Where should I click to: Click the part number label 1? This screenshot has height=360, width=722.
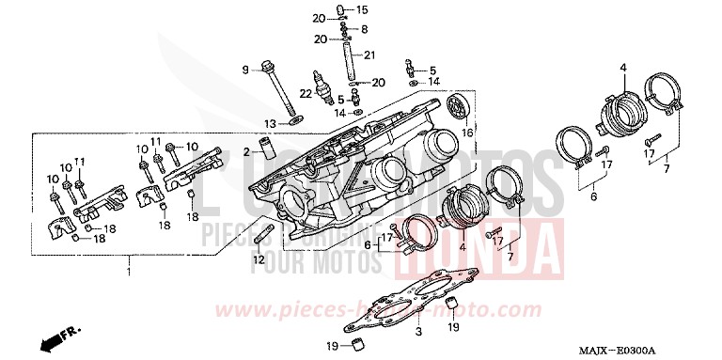[x=130, y=272]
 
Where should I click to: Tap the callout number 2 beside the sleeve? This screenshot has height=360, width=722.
[x=246, y=151]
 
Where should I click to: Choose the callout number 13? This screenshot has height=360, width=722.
[x=269, y=123]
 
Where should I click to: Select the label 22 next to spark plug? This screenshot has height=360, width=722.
[x=306, y=92]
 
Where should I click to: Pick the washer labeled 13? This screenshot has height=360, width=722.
[x=296, y=120]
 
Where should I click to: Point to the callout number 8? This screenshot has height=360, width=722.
[x=364, y=30]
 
